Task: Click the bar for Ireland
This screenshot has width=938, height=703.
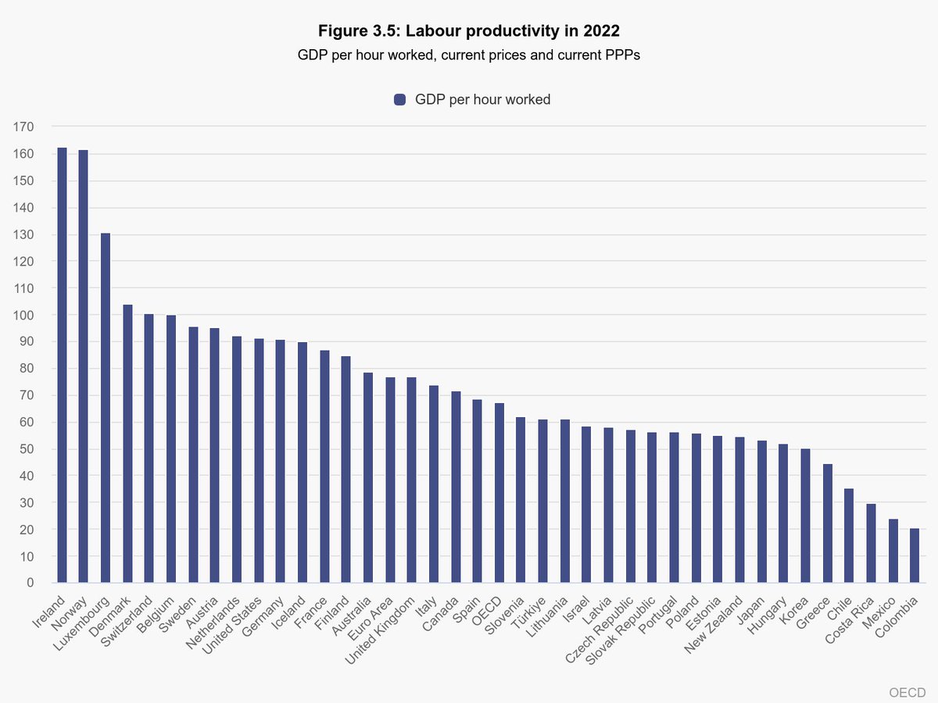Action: point(62,365)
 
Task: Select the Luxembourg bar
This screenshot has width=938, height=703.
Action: point(106,408)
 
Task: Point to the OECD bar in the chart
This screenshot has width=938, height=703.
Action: point(499,493)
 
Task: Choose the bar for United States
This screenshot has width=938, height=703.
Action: point(259,461)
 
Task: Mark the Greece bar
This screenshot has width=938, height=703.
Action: point(827,523)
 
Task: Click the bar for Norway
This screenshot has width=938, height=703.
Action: point(84,366)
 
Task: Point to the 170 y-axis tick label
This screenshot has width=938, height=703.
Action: point(24,127)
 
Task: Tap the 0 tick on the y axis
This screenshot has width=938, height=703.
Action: point(30,583)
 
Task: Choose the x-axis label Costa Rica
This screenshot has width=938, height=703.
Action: point(848,620)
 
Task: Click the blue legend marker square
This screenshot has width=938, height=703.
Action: point(401,99)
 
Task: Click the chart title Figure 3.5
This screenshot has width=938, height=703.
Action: point(468,31)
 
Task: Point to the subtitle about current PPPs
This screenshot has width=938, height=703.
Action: point(468,55)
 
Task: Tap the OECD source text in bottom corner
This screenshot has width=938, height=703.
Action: point(908,692)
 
